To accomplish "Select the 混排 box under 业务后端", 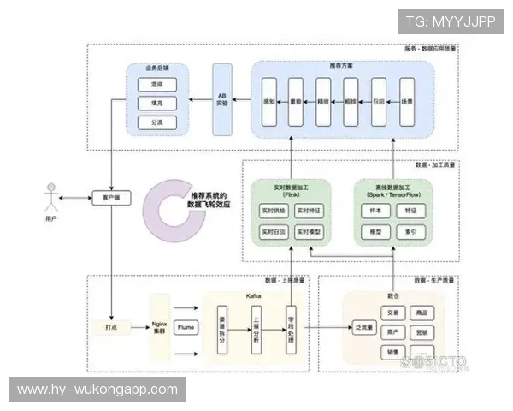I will coord(156,85).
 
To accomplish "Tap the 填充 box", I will coord(156,104).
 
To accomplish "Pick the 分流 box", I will coord(156,122).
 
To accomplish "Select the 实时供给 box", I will coord(273,211).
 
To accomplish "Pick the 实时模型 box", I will coord(308,232).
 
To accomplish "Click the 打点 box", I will coord(110,327).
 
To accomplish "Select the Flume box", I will coord(186,327).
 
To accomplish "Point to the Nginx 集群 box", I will coord(158,327).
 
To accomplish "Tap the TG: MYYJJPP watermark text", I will coord(450,21).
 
